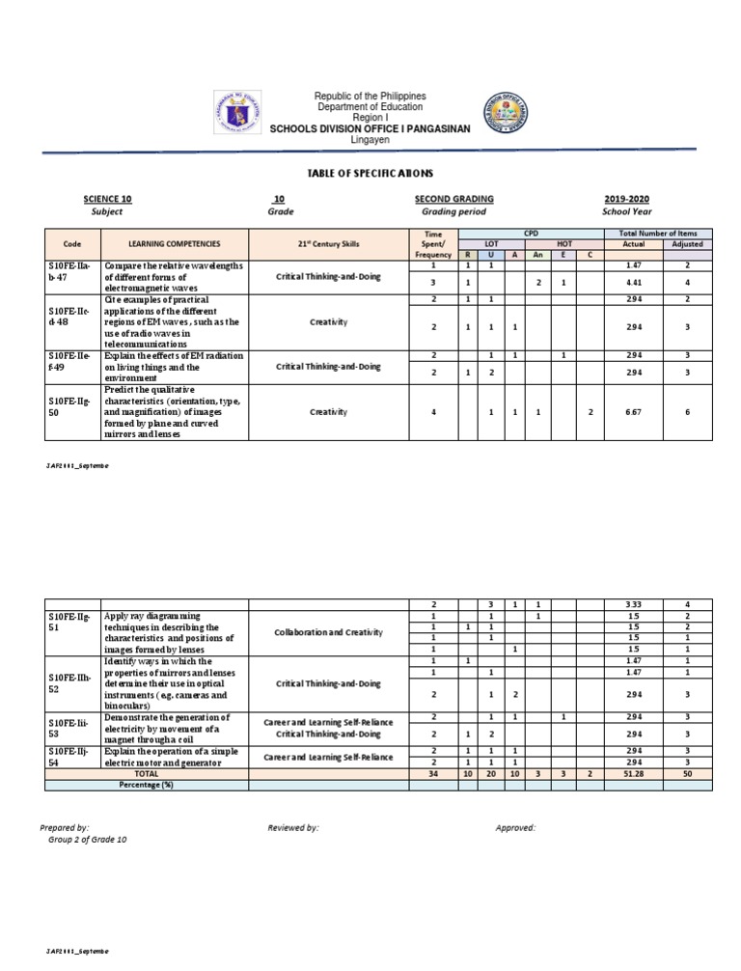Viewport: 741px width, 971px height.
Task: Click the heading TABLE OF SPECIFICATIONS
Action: [370, 173]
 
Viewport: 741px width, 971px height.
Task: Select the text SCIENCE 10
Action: [107, 199]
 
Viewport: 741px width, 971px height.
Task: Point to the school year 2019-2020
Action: [627, 199]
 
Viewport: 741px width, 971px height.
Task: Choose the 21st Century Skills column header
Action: [328, 245]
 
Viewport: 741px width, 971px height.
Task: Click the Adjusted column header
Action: [686, 244]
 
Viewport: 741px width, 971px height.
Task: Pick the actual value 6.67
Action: [633, 412]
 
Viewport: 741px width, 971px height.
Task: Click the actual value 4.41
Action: [633, 283]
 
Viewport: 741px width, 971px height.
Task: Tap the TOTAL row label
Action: [146, 774]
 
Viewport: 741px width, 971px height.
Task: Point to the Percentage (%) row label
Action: [146, 785]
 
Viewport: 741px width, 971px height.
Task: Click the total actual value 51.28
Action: [633, 774]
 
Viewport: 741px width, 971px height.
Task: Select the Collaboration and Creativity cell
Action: [328, 632]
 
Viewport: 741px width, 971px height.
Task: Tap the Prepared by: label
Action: [65, 828]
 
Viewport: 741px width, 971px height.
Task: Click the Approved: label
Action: [515, 828]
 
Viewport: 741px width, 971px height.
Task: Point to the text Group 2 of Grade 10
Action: [87, 840]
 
